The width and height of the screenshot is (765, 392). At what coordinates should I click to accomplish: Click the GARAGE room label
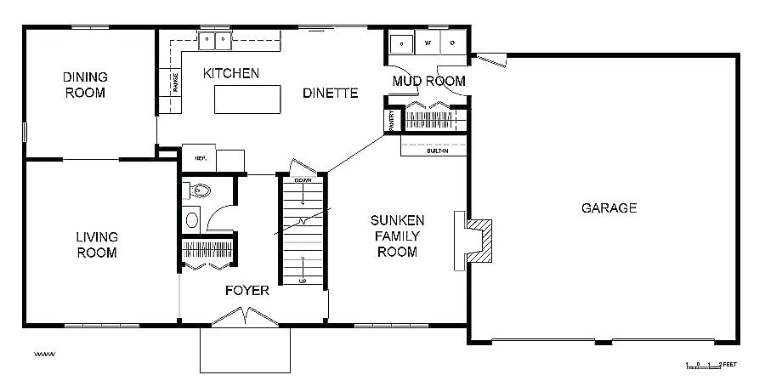tap(609, 207)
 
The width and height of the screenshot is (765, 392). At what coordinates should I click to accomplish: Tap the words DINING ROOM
tap(85, 84)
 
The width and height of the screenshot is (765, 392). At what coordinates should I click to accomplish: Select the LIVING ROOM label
tap(96, 245)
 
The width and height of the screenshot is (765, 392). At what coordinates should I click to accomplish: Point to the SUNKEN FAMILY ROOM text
tap(397, 236)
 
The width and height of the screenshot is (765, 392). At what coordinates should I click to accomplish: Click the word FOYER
tap(247, 291)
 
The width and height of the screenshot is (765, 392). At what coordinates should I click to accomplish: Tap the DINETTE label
tap(330, 93)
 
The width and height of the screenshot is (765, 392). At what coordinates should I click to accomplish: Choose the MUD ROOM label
tap(428, 81)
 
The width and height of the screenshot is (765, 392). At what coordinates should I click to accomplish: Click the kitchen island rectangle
tap(247, 99)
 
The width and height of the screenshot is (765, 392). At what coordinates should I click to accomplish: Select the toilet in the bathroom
tap(199, 190)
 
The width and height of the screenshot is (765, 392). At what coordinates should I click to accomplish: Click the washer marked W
tap(428, 42)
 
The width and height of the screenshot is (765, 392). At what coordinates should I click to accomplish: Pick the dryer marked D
tap(453, 42)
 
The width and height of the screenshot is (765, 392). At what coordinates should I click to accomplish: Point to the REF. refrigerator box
tap(201, 157)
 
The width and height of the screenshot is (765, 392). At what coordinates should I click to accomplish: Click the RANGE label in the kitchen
tap(176, 82)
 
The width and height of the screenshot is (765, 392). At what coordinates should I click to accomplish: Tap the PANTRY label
tap(392, 119)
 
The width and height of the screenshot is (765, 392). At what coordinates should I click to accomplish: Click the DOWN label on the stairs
tap(303, 180)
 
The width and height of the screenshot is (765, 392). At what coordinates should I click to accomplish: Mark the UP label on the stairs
tap(302, 281)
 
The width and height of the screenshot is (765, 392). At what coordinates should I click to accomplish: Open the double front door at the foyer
tap(246, 318)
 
